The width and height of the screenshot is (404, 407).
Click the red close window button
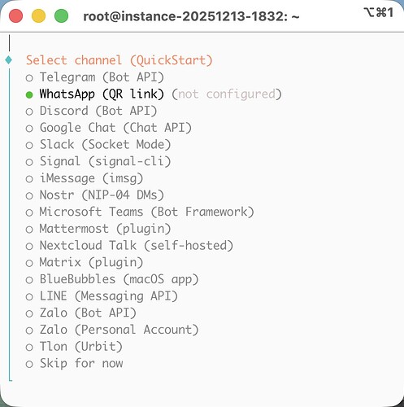pyautogui.click(x=15, y=15)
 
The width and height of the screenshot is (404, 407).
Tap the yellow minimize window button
pyautogui.click(x=38, y=15)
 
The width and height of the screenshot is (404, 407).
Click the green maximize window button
pyautogui.click(x=61, y=15)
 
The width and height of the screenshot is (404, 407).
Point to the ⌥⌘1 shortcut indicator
pyautogui.click(x=379, y=12)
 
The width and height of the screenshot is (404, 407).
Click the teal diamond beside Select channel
pyautogui.click(x=9, y=59)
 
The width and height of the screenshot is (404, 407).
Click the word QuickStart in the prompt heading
pyautogui.click(x=172, y=60)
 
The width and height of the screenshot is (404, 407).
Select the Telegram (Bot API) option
pyautogui.click(x=102, y=77)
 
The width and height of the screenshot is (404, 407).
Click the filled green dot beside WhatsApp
pyautogui.click(x=29, y=94)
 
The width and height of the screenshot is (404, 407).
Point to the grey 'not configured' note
pyautogui.click(x=227, y=94)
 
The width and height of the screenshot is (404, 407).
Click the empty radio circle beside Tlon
pyautogui.click(x=29, y=347)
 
